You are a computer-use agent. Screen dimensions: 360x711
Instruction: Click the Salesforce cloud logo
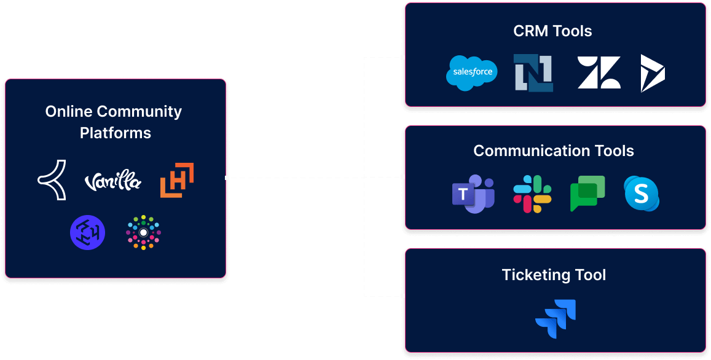click(x=472, y=72)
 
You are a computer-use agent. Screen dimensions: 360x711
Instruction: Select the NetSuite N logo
click(x=533, y=72)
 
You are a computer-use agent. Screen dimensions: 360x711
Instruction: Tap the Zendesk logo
click(x=599, y=72)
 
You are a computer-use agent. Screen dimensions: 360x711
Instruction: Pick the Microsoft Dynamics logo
click(x=653, y=73)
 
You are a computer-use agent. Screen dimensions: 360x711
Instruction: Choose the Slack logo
click(x=532, y=194)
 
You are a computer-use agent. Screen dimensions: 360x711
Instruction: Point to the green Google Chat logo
click(x=587, y=194)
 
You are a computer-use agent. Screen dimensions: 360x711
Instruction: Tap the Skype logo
click(x=642, y=194)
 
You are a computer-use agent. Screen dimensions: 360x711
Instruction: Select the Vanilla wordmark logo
click(x=112, y=182)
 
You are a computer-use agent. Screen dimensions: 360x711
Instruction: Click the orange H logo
click(x=177, y=181)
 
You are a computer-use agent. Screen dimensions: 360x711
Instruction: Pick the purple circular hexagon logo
click(x=87, y=233)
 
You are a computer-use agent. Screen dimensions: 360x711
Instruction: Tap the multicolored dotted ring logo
click(x=143, y=233)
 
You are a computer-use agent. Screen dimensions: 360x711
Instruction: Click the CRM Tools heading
click(x=552, y=31)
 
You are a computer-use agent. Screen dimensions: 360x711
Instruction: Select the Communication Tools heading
click(x=554, y=151)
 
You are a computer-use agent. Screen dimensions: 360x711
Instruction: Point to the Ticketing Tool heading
click(x=554, y=274)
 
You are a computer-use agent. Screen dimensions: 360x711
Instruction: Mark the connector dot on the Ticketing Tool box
click(x=403, y=295)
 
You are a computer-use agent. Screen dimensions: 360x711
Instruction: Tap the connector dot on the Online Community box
click(x=227, y=178)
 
